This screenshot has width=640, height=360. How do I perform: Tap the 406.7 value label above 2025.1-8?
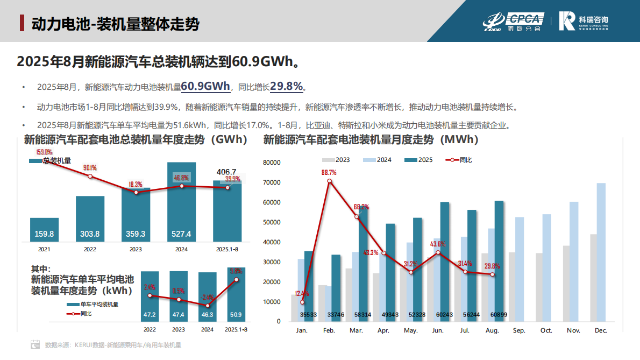coord(226,172)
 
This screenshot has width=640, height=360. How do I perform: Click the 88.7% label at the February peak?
coord(329,173)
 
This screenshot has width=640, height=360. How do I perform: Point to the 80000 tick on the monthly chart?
coord(272,163)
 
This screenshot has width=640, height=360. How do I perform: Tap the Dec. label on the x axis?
coord(601,330)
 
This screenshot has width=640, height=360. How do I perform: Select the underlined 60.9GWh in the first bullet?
coord(205,86)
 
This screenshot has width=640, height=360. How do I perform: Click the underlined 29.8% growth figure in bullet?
coord(287,86)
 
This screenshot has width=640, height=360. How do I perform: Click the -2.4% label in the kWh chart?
coord(207,297)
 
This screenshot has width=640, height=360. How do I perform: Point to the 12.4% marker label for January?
coord(302,294)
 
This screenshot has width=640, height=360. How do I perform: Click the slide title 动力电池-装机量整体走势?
coord(115,24)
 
